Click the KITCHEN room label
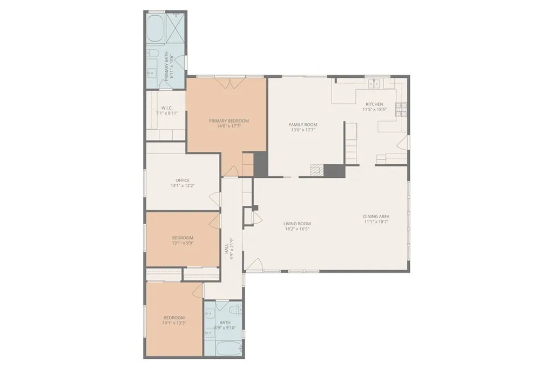[x=374, y=104]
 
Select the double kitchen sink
[x=373, y=84]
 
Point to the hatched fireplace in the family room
[x=318, y=171]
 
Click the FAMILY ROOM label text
[x=302, y=124]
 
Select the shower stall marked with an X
[x=177, y=24]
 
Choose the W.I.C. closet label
[x=166, y=108]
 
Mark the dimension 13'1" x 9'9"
[x=183, y=243]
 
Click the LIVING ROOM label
[x=297, y=223]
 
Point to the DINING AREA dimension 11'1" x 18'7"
[x=376, y=222]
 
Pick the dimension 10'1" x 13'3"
[x=174, y=323]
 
